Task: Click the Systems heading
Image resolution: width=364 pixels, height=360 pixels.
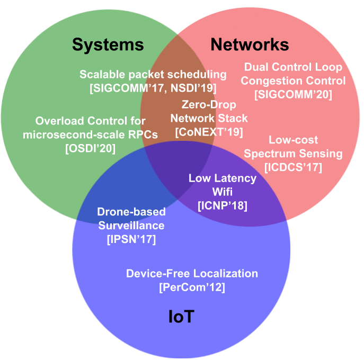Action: [108, 45]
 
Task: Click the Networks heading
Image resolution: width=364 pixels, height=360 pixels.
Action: [250, 44]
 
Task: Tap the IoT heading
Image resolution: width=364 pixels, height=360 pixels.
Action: [181, 317]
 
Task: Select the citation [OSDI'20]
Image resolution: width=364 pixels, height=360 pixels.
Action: [90, 148]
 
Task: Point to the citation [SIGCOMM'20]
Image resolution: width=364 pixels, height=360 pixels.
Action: [293, 94]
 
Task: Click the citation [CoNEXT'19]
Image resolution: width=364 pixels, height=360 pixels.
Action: [209, 132]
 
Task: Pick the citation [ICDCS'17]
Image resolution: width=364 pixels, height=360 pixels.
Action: [293, 167]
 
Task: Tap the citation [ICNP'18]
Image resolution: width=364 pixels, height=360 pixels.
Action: [223, 205]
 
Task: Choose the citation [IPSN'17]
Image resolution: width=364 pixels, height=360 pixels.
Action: [131, 239]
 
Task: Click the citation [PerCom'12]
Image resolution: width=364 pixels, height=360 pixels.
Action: [192, 287]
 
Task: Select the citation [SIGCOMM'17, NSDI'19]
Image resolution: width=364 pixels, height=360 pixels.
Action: [153, 88]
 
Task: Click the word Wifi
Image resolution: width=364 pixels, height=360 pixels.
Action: [223, 192]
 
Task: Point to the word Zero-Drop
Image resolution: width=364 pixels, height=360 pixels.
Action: [209, 104]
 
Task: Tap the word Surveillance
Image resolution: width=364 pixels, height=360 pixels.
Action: [131, 226]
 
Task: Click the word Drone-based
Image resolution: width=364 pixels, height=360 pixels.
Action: [131, 212]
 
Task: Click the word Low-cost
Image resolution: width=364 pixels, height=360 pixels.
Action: [293, 140]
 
